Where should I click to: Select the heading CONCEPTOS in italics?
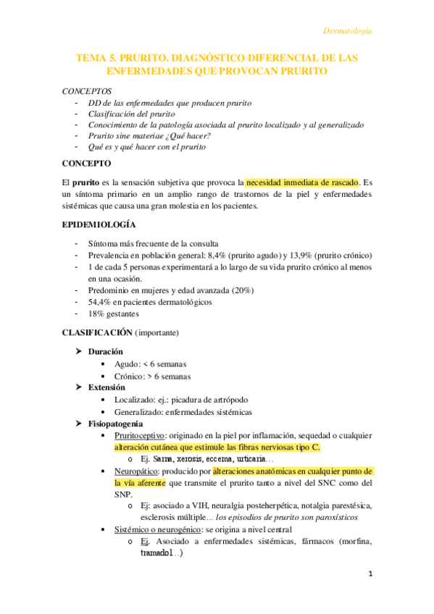[87, 92]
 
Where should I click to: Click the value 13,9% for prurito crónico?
[306, 256]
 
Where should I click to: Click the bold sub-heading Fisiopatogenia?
[115, 424]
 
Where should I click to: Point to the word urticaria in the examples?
[246, 459]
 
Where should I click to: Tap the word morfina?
[353, 542]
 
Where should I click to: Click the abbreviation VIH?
[189, 506]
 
